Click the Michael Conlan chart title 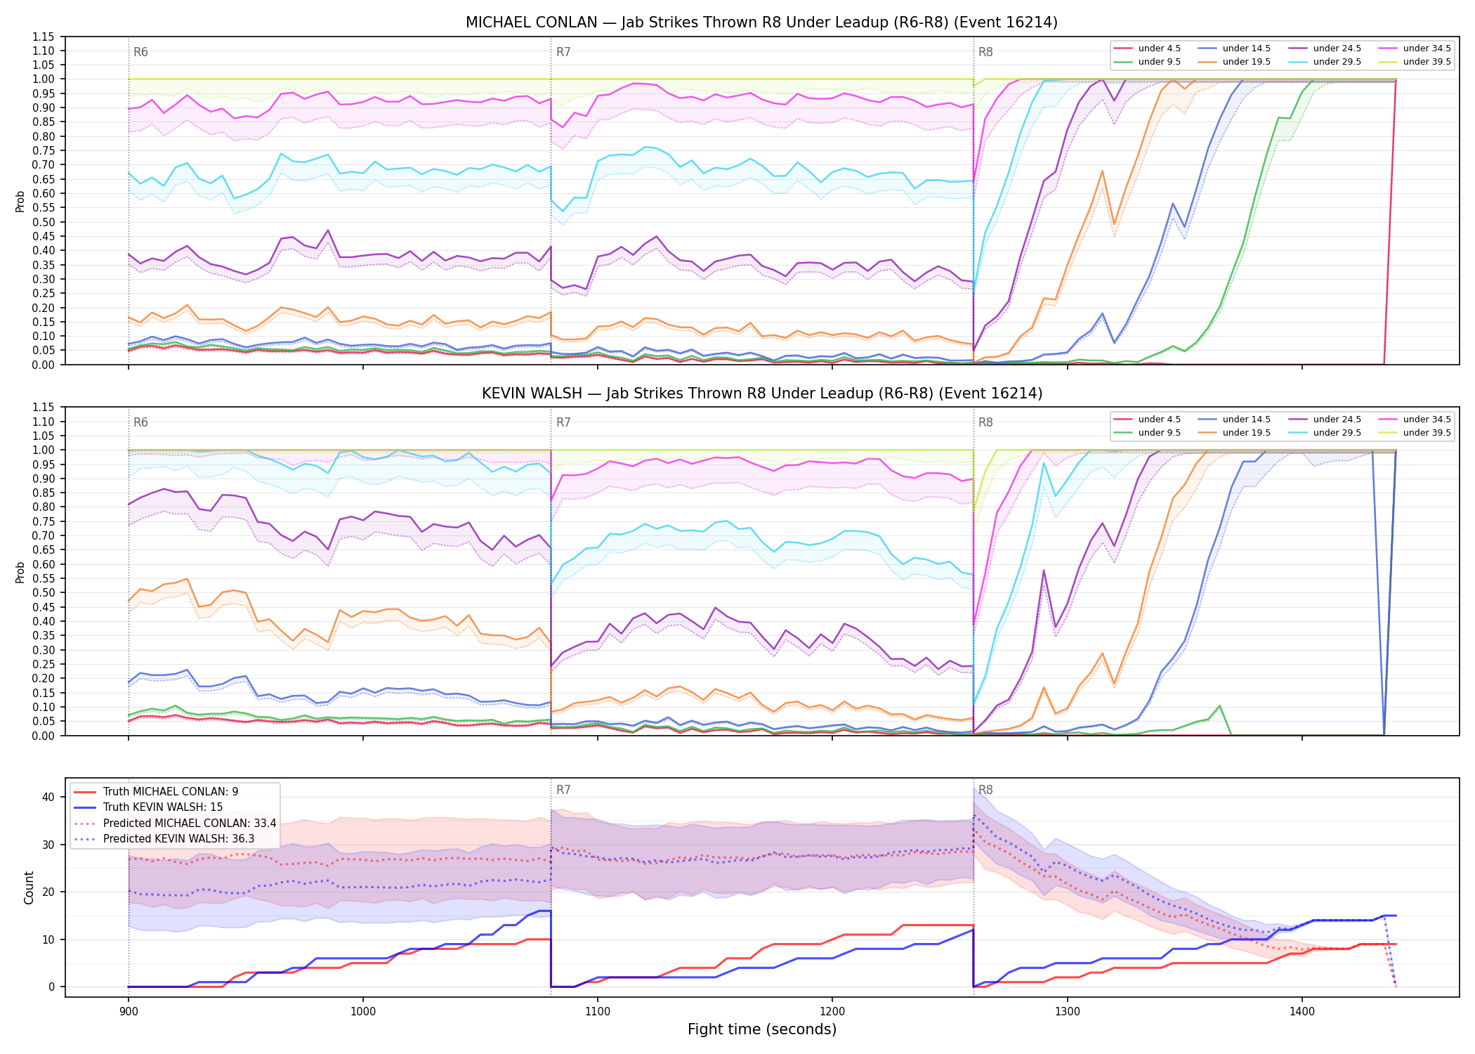[x=761, y=22]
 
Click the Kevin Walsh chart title [x=761, y=393]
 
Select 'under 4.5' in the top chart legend [x=1159, y=48]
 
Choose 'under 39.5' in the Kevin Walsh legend [x=1427, y=433]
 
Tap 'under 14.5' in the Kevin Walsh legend [x=1246, y=419]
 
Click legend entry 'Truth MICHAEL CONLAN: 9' [x=171, y=792]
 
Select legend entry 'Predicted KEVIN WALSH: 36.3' [x=178, y=839]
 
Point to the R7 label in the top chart [x=563, y=52]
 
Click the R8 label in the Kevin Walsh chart [x=985, y=422]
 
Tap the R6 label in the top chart [x=140, y=52]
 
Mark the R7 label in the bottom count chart [x=563, y=790]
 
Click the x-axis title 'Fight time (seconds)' [x=762, y=1029]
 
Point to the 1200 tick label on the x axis [x=832, y=1011]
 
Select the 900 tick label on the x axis [x=128, y=1011]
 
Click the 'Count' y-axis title [x=29, y=887]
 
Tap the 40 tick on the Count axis [x=48, y=797]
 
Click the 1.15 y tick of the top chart [x=44, y=37]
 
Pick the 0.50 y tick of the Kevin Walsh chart [x=44, y=592]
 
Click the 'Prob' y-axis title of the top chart [x=20, y=201]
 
